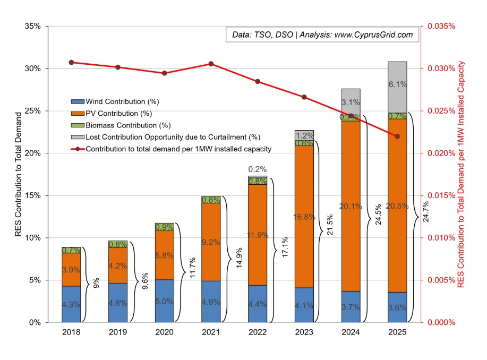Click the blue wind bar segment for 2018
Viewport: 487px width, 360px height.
coord(71,304)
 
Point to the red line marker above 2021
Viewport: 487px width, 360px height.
coord(211,64)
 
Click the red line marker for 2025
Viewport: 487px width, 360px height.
coord(397,136)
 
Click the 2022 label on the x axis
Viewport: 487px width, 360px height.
coord(257,332)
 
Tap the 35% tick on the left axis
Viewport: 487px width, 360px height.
coord(33,27)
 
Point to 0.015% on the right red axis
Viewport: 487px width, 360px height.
coord(440,195)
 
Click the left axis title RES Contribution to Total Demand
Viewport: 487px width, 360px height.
coord(19,174)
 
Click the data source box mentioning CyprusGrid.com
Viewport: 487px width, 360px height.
coord(322,35)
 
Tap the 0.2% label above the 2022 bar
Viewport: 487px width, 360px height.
coord(258,169)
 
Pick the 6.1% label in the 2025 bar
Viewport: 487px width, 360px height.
coord(397,84)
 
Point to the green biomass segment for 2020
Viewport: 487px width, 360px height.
coord(164,227)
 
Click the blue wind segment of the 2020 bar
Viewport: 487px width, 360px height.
coord(164,301)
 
